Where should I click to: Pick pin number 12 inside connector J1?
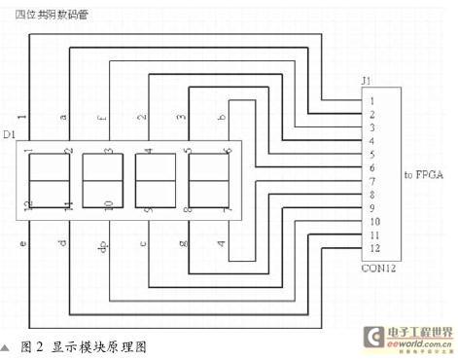(372, 248)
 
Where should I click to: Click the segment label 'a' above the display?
(63, 117)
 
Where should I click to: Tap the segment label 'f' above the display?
(104, 119)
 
